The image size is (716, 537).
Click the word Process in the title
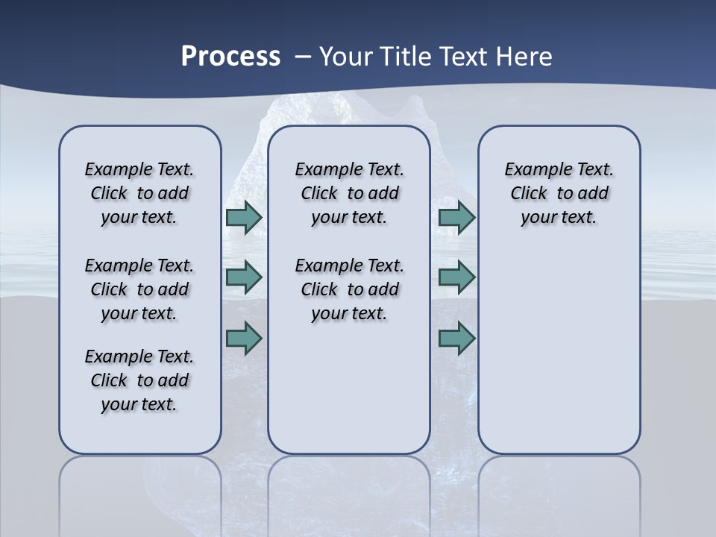230,57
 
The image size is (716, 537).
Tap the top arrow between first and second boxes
244,217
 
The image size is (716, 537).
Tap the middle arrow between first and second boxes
244,277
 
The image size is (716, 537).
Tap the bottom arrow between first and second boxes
244,339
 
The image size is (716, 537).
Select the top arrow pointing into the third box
457,217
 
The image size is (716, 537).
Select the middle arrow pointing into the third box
457,277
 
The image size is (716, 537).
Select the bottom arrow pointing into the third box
457,339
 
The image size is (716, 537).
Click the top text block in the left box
139,193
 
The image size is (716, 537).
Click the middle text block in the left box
139,289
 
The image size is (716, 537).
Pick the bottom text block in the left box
139,380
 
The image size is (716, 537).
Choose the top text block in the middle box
349,193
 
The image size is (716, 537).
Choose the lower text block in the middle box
349,289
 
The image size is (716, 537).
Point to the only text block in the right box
559,193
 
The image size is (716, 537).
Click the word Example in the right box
532,170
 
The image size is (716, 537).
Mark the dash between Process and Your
303,57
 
